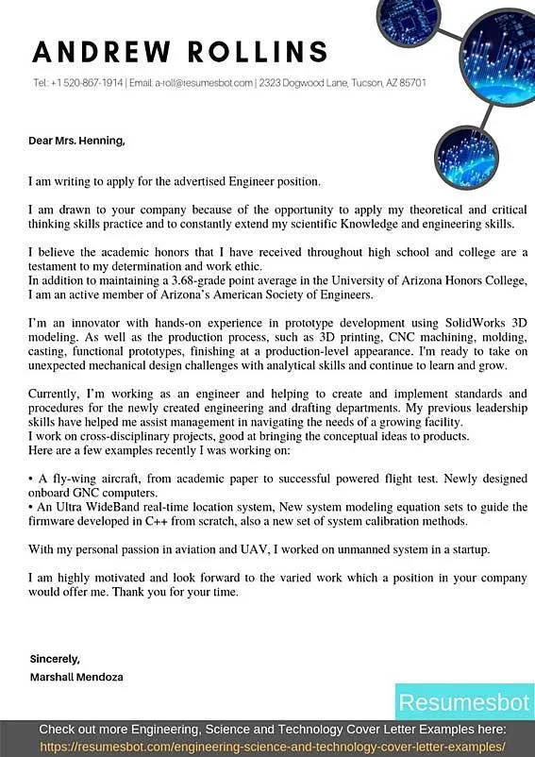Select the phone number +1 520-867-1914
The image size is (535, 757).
click(x=88, y=83)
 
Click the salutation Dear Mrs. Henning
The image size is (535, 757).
click(x=75, y=142)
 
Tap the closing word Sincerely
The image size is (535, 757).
click(x=54, y=658)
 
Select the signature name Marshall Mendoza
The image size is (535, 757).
click(x=75, y=677)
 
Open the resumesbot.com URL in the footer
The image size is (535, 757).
click(x=273, y=745)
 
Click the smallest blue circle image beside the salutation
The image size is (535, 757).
click(x=466, y=156)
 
